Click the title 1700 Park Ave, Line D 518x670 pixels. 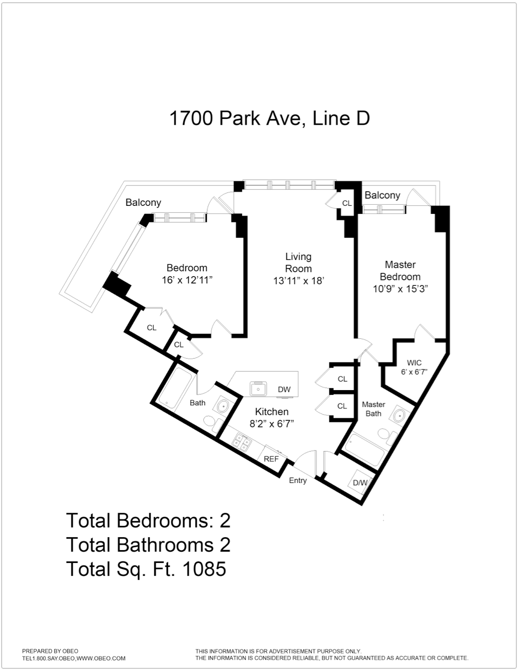click(269, 118)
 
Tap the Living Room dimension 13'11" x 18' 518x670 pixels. click(298, 280)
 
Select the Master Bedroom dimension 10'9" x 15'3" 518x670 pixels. click(400, 289)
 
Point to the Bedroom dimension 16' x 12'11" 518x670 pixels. click(187, 280)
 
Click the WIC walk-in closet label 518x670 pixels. click(414, 363)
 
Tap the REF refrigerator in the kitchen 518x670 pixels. click(271, 459)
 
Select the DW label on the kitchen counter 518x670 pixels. click(284, 389)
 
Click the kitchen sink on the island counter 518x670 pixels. click(258, 388)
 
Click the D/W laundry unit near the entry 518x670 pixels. click(360, 483)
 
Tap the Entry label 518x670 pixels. click(298, 480)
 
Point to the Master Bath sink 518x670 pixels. click(400, 416)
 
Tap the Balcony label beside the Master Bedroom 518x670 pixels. click(382, 195)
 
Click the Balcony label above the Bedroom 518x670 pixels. click(143, 202)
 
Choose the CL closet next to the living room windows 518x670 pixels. click(347, 203)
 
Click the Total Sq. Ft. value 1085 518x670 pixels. click(205, 568)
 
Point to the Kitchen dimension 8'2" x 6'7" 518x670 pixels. click(271, 424)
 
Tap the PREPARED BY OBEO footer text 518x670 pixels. click(50, 651)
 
